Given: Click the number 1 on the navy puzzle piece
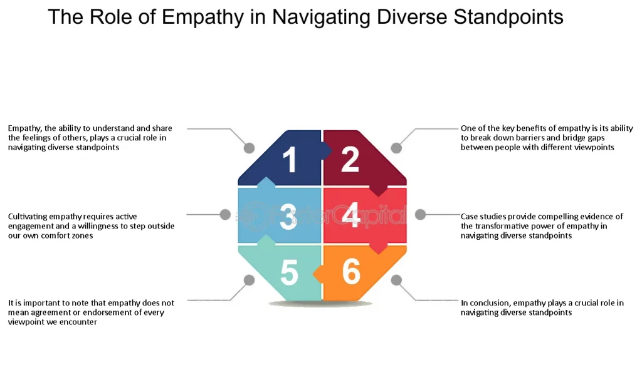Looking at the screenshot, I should [289, 160].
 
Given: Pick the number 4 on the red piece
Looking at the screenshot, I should [351, 215].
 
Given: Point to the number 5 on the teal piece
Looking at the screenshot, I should [289, 272].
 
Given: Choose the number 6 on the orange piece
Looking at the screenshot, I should [351, 271].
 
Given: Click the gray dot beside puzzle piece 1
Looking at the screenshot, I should [249, 148].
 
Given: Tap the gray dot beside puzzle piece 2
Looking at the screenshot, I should [396, 148].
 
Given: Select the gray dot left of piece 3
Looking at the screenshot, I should [225, 215].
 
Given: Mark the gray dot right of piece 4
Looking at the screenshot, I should [420, 215].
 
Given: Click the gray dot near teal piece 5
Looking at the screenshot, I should [249, 280].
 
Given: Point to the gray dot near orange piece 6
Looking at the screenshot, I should [396, 280].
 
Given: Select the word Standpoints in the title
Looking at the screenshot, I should [508, 17].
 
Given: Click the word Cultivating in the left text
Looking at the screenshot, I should [29, 217].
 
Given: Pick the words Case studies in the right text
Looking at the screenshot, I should [482, 217].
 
